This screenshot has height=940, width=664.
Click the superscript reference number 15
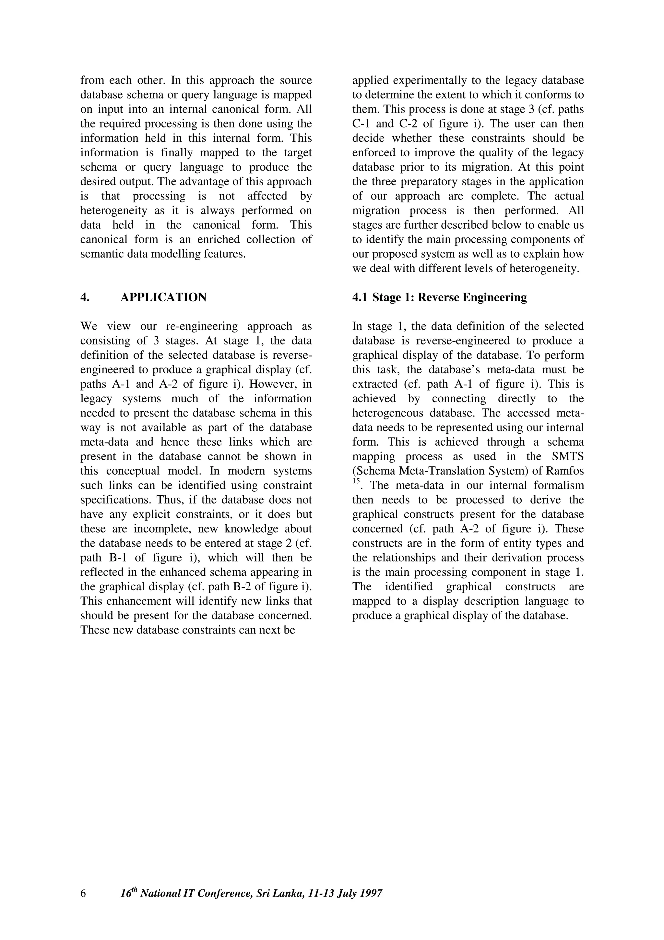point(356,482)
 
